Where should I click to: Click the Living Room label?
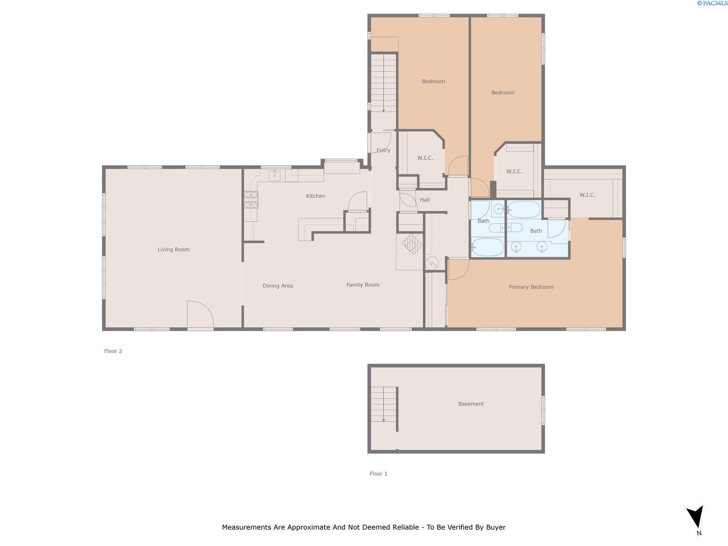click(x=173, y=250)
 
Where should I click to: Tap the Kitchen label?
click(x=315, y=196)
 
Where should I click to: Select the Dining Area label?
click(x=278, y=286)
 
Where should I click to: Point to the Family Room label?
click(x=363, y=285)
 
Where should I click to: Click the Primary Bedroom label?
click(x=531, y=287)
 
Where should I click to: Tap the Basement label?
click(x=471, y=404)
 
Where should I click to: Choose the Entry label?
click(x=384, y=151)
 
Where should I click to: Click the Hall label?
click(x=425, y=200)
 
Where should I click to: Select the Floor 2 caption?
click(x=113, y=351)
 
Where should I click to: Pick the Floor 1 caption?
click(x=379, y=474)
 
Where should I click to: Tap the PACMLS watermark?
click(x=712, y=3)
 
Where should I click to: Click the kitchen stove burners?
click(x=251, y=200)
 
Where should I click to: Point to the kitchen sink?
click(x=275, y=175)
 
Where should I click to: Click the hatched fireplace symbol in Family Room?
click(x=412, y=244)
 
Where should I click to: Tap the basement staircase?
click(x=384, y=404)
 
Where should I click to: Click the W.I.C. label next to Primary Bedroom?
click(x=587, y=195)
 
